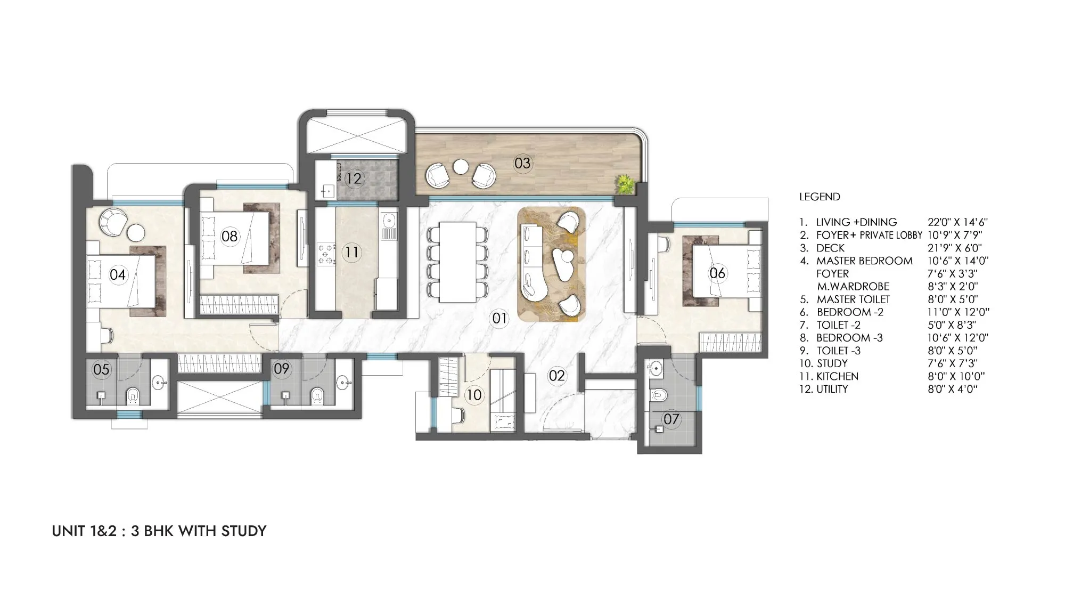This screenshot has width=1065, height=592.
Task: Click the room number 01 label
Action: [499, 319]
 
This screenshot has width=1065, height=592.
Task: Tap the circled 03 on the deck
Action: [522, 163]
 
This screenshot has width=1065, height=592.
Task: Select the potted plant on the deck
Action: [625, 184]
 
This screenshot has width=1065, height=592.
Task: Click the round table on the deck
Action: [460, 167]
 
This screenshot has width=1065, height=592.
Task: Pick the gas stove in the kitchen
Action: [326, 254]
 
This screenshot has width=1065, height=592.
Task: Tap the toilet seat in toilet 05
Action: [132, 396]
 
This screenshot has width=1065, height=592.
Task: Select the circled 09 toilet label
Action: [281, 369]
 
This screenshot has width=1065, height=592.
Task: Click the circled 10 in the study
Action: [473, 395]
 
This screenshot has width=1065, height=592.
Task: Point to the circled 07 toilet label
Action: [671, 419]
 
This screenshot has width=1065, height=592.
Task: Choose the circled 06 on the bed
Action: [717, 273]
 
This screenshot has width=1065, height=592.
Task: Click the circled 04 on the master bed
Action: [118, 274]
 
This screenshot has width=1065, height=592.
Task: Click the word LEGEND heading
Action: [820, 197]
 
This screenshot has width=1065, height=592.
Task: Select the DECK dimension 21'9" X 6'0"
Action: [955, 248]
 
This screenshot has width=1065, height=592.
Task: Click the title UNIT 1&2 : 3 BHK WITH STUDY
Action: [159, 531]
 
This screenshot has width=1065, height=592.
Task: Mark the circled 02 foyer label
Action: [556, 376]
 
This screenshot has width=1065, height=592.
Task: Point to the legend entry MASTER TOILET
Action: [853, 299]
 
